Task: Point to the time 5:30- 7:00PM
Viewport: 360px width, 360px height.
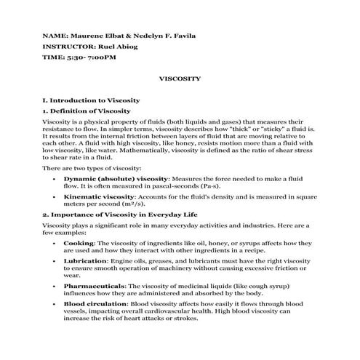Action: pyautogui.click(x=90, y=56)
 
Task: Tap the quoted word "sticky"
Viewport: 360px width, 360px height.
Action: pyautogui.click(x=279, y=127)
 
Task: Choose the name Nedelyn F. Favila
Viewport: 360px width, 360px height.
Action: pyautogui.click(x=177, y=35)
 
